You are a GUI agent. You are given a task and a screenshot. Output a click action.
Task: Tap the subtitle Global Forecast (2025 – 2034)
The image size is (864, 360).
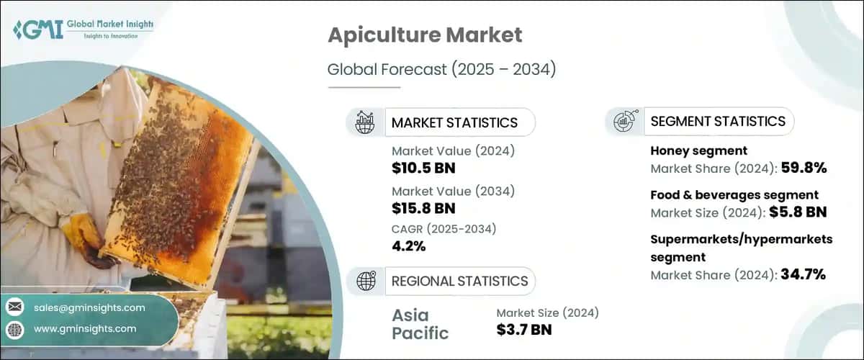442,70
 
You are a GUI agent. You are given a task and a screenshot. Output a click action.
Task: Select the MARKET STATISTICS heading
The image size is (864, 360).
454,122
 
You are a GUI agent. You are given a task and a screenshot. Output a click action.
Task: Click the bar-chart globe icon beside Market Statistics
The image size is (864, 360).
365,122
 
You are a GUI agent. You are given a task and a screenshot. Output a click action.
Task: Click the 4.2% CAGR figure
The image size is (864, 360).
408,246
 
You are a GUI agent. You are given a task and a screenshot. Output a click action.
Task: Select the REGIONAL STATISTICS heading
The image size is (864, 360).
459,281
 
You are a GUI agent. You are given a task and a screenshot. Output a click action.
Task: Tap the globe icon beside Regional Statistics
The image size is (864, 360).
365,281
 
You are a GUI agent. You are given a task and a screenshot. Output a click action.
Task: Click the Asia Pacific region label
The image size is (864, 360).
420,324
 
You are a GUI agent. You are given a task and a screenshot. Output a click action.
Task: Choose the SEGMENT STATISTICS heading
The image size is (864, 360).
718,121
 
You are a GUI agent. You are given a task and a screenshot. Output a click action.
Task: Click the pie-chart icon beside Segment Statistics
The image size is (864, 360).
624,121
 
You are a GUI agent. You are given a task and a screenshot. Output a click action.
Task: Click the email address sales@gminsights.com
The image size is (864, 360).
89,307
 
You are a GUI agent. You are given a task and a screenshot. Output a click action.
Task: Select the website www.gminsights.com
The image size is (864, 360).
84,328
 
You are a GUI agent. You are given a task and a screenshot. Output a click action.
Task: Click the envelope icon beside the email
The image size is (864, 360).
15,307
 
